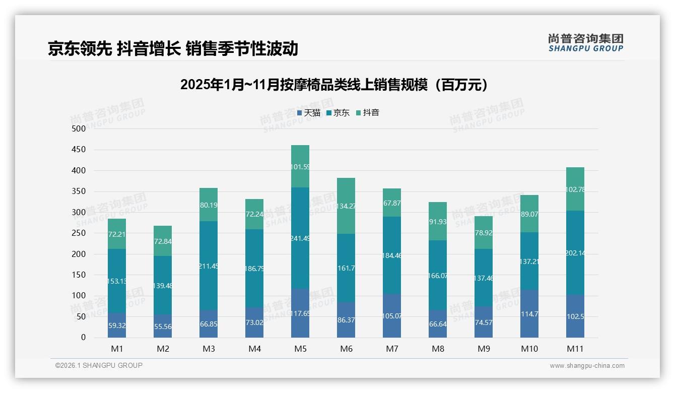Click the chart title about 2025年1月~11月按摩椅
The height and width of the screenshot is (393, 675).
[x=334, y=85]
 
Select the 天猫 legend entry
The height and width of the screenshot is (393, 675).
[x=308, y=113]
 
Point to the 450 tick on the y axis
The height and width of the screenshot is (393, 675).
[x=79, y=150]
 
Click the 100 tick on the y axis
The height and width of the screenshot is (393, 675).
[x=79, y=296]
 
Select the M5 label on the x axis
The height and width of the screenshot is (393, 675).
[x=300, y=349]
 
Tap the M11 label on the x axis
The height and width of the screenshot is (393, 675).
[x=575, y=349]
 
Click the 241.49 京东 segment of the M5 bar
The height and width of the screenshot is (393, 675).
[x=300, y=238]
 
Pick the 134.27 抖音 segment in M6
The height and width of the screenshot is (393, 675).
[x=346, y=206]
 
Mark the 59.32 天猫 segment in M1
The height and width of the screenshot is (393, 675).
[x=117, y=325]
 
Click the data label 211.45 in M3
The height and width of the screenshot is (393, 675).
[x=209, y=266]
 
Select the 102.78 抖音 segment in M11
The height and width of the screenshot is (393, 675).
[x=575, y=189]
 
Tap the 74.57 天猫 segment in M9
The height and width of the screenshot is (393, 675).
[x=484, y=322]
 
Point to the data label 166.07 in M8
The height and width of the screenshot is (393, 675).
[x=438, y=276]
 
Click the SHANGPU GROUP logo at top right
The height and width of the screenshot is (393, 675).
[x=585, y=43]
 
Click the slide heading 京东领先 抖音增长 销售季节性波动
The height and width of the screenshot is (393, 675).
[x=173, y=48]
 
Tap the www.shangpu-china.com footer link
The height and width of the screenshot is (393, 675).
[x=587, y=366]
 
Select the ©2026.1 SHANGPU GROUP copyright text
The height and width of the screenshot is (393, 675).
[x=99, y=365]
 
